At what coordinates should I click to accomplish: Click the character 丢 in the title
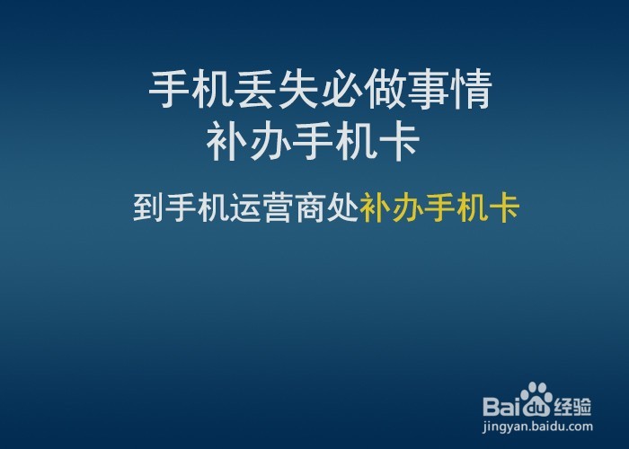(x=255, y=91)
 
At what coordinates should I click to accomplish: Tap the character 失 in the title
(x=298, y=91)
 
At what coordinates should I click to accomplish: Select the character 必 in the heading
(x=341, y=91)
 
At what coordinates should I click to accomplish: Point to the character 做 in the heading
(x=385, y=91)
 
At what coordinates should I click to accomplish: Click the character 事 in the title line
(x=428, y=91)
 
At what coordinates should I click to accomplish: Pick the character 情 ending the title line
(x=471, y=91)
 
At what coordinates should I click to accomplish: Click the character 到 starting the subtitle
(x=147, y=207)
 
